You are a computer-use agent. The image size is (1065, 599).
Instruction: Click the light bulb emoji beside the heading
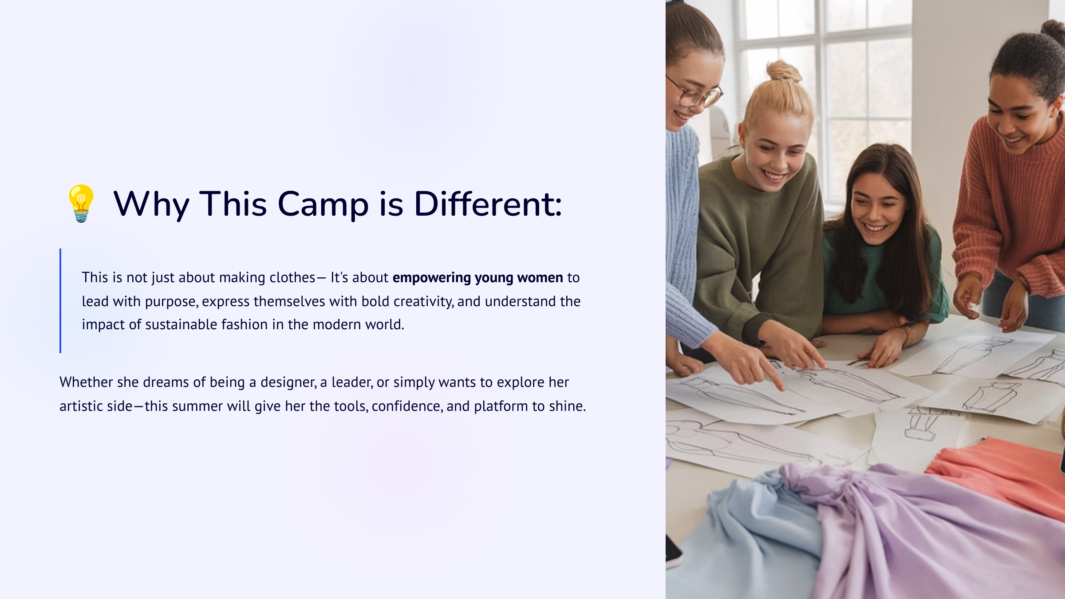click(81, 204)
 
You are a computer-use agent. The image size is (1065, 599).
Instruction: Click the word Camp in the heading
click(323, 205)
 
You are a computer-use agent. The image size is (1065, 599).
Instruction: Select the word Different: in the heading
click(488, 204)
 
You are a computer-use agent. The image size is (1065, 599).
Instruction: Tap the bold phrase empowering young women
click(478, 278)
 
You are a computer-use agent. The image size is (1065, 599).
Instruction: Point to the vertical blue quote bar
click(60, 301)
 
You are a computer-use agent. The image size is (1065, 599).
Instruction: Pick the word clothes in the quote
click(292, 277)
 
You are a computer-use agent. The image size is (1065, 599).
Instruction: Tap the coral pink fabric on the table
click(998, 475)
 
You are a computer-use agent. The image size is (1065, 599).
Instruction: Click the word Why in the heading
click(151, 205)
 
